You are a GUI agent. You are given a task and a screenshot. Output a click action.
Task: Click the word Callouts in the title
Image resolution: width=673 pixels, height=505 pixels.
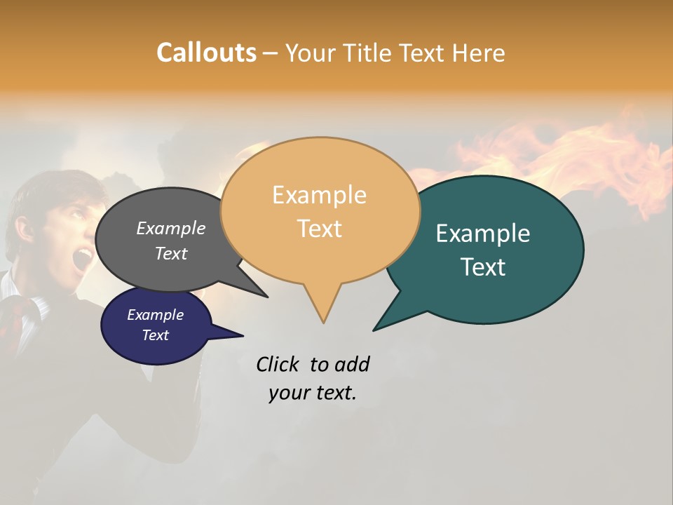206,53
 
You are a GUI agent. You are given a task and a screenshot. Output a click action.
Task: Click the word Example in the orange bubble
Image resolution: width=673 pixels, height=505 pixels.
319,195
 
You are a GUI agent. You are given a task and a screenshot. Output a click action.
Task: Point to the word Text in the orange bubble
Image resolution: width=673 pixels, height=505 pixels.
319,229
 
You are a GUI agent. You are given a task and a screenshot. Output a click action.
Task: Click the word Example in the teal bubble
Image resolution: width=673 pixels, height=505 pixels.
482,234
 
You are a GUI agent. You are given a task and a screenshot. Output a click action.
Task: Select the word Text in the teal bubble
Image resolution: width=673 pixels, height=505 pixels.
483,267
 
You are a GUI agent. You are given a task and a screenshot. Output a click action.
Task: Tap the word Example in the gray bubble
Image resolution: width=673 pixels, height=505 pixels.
170,229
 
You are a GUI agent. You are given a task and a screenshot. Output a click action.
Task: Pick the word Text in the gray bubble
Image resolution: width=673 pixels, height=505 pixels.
170,254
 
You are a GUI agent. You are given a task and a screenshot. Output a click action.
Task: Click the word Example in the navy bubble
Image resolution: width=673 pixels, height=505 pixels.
155,315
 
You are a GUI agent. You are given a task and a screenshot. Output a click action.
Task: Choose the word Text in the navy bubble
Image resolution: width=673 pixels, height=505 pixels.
155,335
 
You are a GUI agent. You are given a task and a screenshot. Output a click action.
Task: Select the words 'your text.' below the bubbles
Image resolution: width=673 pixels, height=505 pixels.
312,393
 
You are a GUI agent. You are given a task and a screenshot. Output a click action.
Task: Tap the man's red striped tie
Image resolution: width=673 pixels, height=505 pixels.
15,319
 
